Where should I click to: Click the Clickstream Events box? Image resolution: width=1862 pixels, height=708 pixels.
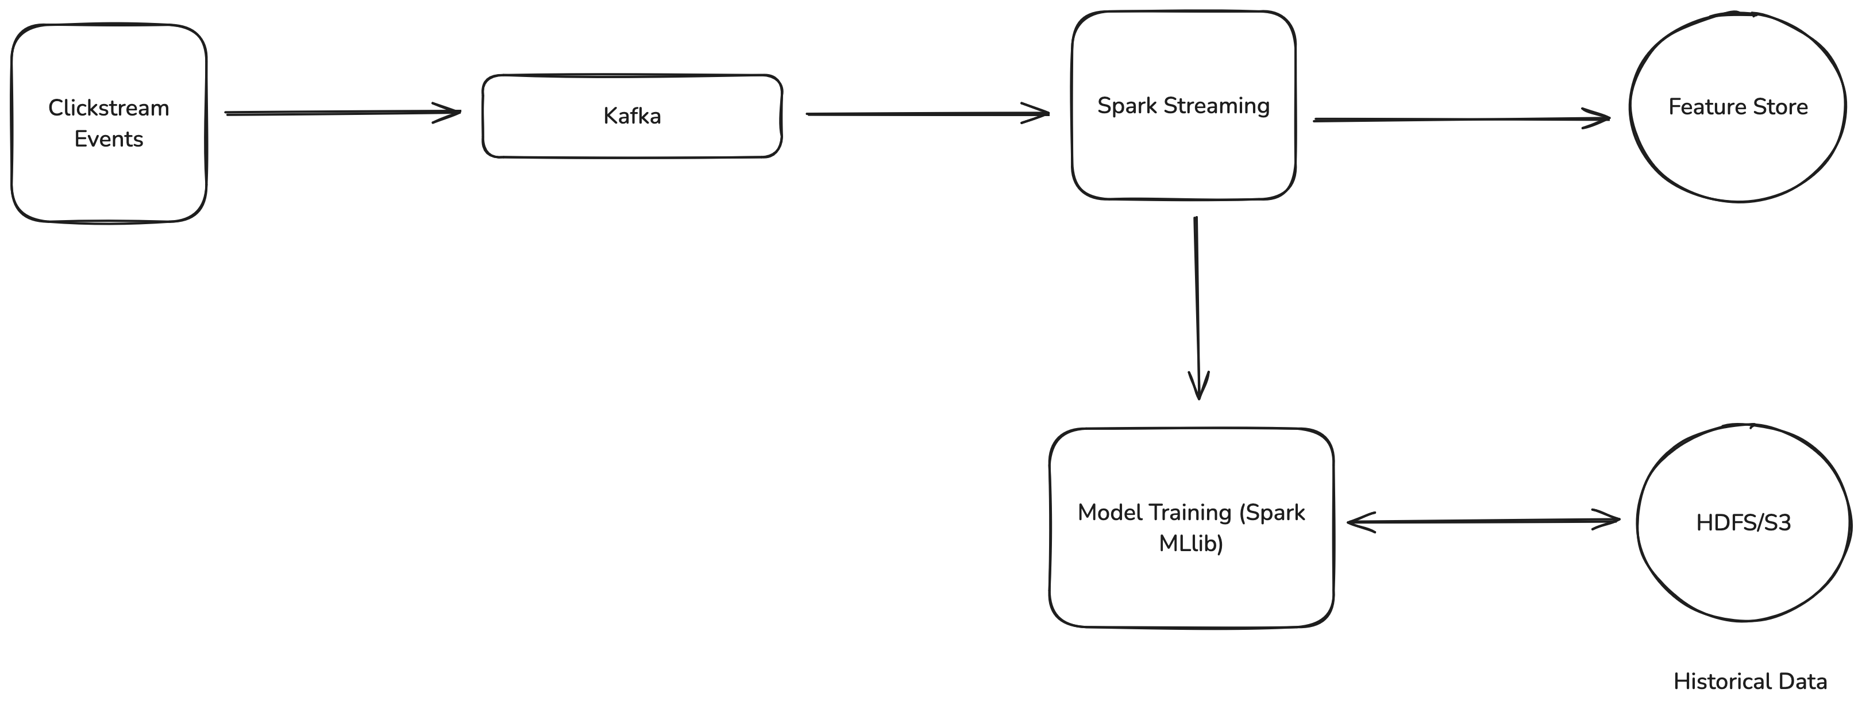(x=109, y=123)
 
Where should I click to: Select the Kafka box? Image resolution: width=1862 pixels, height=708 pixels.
(x=633, y=116)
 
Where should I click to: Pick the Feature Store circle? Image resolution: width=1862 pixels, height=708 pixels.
(x=1738, y=106)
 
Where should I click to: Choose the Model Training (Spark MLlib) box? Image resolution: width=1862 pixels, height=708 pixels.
(x=1191, y=528)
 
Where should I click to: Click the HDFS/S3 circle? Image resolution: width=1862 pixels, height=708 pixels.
(x=1744, y=522)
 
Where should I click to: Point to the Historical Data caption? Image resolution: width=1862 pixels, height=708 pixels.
(x=1750, y=681)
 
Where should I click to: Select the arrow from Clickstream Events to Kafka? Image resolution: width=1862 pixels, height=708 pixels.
(x=342, y=112)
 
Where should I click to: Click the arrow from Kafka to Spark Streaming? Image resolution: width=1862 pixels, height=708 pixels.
(x=927, y=114)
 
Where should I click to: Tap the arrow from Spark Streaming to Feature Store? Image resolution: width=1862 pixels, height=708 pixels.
(x=1462, y=120)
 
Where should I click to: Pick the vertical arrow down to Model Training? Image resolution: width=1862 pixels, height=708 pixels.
(x=1197, y=308)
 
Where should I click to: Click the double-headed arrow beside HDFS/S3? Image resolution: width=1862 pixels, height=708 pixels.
(x=1483, y=521)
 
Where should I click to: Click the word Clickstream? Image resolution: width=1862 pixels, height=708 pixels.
(x=109, y=108)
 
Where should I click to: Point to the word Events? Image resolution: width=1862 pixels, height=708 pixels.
(x=109, y=139)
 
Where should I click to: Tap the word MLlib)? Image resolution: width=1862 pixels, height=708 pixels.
(x=1191, y=543)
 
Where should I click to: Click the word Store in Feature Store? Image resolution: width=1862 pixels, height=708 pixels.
(x=1780, y=107)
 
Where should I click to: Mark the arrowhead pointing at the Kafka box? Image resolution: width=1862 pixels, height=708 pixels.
(x=448, y=112)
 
